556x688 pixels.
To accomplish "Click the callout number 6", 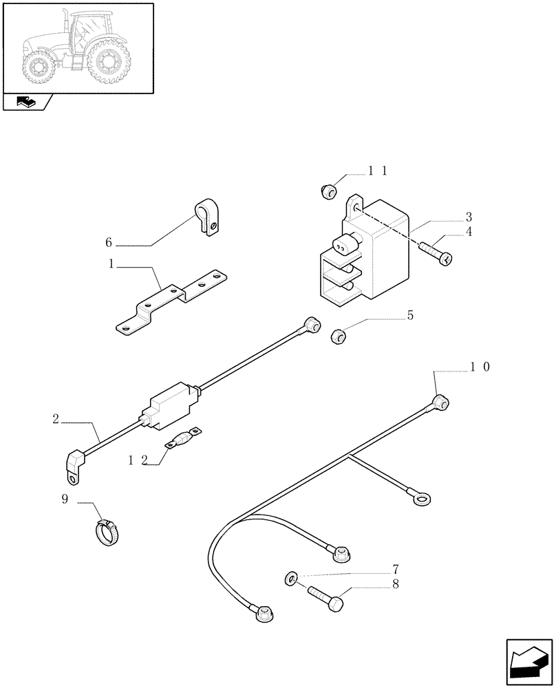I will pyautogui.click(x=109, y=243).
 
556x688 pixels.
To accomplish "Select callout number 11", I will pyautogui.click(x=377, y=171).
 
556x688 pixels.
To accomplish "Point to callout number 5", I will pyautogui.click(x=410, y=316).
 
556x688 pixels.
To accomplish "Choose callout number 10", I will pyautogui.click(x=480, y=368).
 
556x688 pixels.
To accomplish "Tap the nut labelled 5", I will pyautogui.click(x=338, y=336).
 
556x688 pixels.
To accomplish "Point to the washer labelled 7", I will pyautogui.click(x=291, y=578).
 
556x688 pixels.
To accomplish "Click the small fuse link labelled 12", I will pyautogui.click(x=182, y=438).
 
